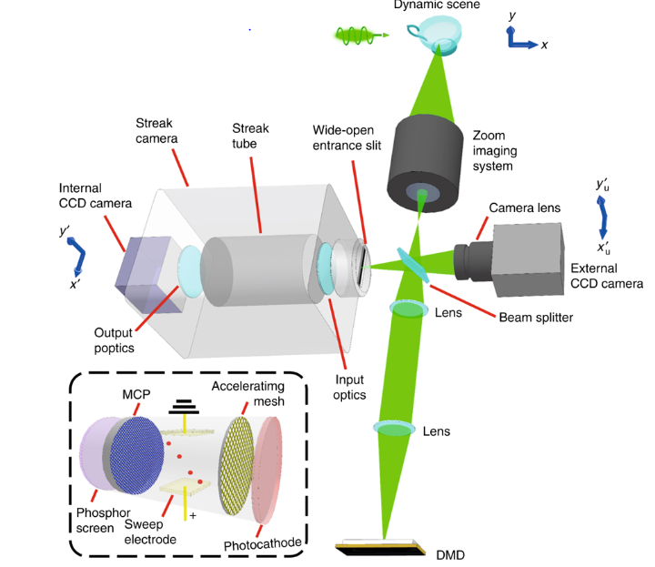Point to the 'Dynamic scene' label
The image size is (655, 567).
pyautogui.click(x=436, y=5)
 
